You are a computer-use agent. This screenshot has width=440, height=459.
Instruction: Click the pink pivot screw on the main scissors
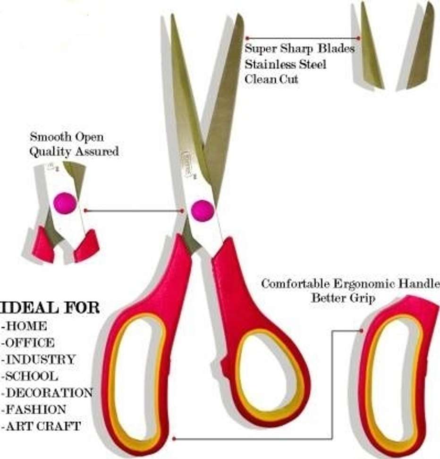point(203,210)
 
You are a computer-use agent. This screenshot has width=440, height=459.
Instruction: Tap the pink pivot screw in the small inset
point(65,203)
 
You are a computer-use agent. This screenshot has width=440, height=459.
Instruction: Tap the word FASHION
point(35,409)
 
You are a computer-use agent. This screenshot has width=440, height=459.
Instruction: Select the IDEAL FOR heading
point(50,308)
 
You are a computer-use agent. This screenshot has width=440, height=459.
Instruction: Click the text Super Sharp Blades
point(299,49)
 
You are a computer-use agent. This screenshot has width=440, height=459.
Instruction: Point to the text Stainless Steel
point(285,64)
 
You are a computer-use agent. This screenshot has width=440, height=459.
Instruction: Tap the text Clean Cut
point(271,79)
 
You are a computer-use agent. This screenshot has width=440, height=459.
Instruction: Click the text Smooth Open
point(67,137)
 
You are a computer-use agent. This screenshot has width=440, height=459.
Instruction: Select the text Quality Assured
point(74,152)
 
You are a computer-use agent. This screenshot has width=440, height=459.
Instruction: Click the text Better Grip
point(343,298)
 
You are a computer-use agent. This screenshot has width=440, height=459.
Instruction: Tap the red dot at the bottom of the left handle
point(174,439)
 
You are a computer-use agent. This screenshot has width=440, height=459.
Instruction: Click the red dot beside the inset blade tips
point(358,38)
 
